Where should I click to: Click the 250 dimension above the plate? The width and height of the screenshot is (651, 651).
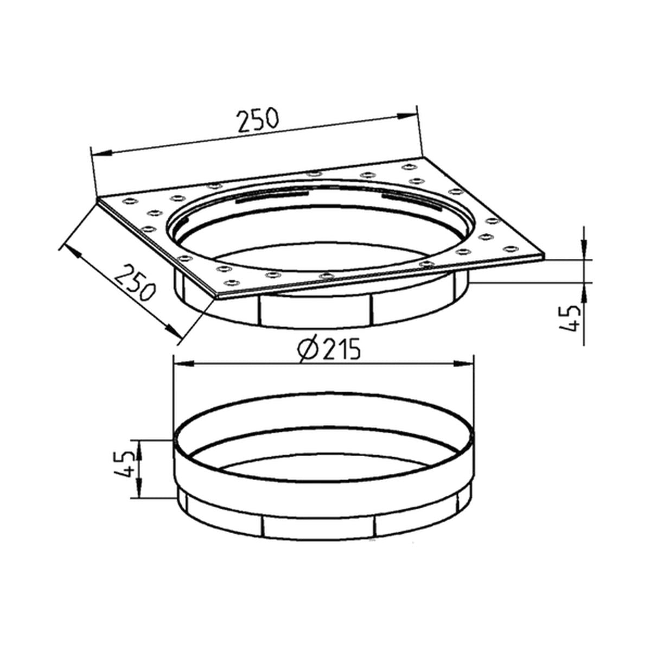pos(257,120)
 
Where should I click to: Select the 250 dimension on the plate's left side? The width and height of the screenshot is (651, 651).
pos(136,282)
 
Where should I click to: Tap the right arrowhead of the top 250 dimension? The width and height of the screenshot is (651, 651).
pos(407,116)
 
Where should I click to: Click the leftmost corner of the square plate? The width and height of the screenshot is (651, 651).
pos(97,201)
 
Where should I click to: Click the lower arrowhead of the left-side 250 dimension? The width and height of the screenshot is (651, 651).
pos(173,331)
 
